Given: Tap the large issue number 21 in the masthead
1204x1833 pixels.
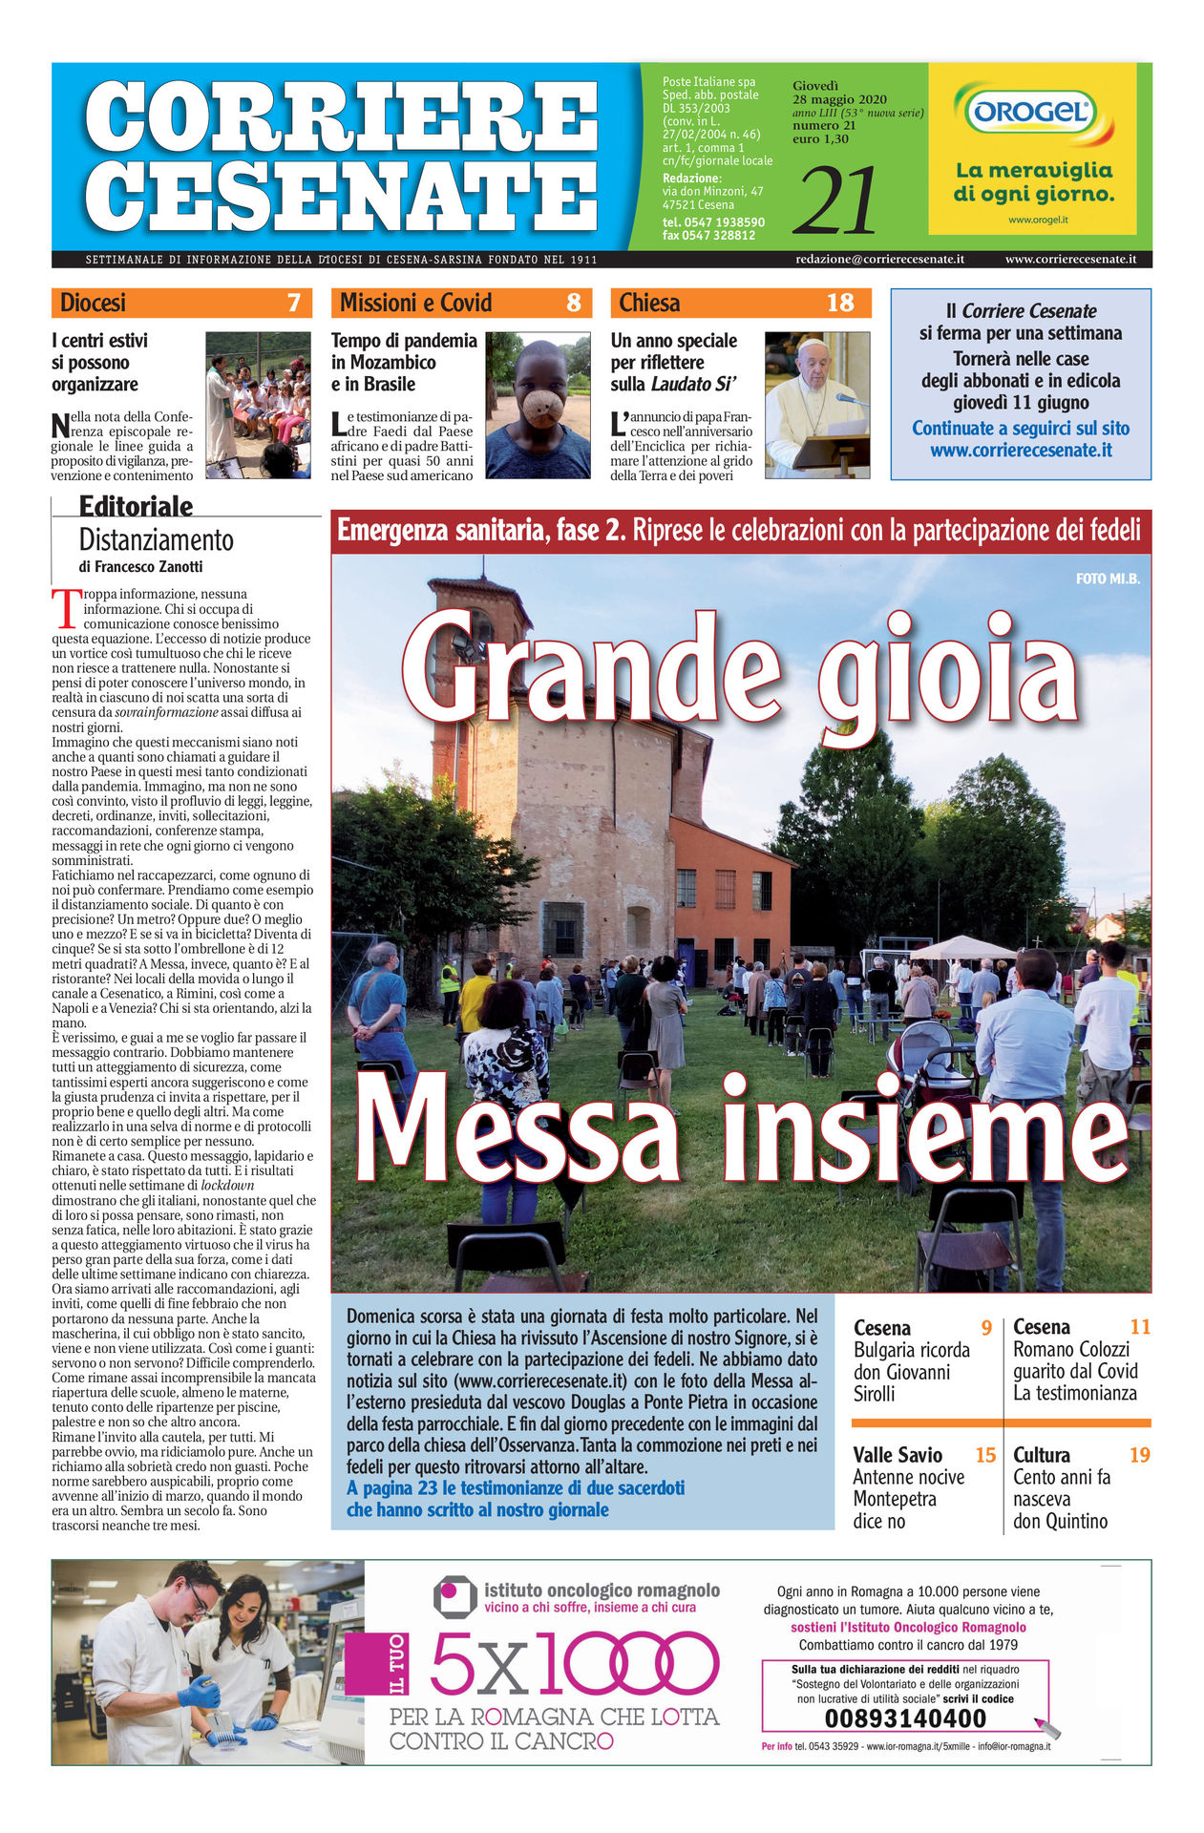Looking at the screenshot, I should pyautogui.click(x=834, y=201).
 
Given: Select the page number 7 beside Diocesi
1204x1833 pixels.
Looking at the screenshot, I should pyautogui.click(x=293, y=304).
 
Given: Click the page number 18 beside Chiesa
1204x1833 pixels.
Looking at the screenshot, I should pyautogui.click(x=839, y=304).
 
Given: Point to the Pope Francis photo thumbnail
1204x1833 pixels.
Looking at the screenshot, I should pyautogui.click(x=817, y=405).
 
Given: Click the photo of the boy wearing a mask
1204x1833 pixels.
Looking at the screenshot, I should pyautogui.click(x=538, y=405).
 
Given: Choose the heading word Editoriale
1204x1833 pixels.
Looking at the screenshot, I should pyautogui.click(x=136, y=506).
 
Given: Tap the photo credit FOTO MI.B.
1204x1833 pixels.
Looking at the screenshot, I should pyautogui.click(x=1108, y=578).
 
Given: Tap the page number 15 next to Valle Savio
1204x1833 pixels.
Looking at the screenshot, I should pyautogui.click(x=985, y=1455).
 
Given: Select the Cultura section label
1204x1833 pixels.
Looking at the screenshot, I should pyautogui.click(x=1041, y=1455).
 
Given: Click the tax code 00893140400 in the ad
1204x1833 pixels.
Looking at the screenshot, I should pyautogui.click(x=904, y=1718).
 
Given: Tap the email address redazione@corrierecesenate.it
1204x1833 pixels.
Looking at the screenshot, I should pyautogui.click(x=879, y=259).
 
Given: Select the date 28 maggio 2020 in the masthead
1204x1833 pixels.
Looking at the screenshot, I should pyautogui.click(x=839, y=100).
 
